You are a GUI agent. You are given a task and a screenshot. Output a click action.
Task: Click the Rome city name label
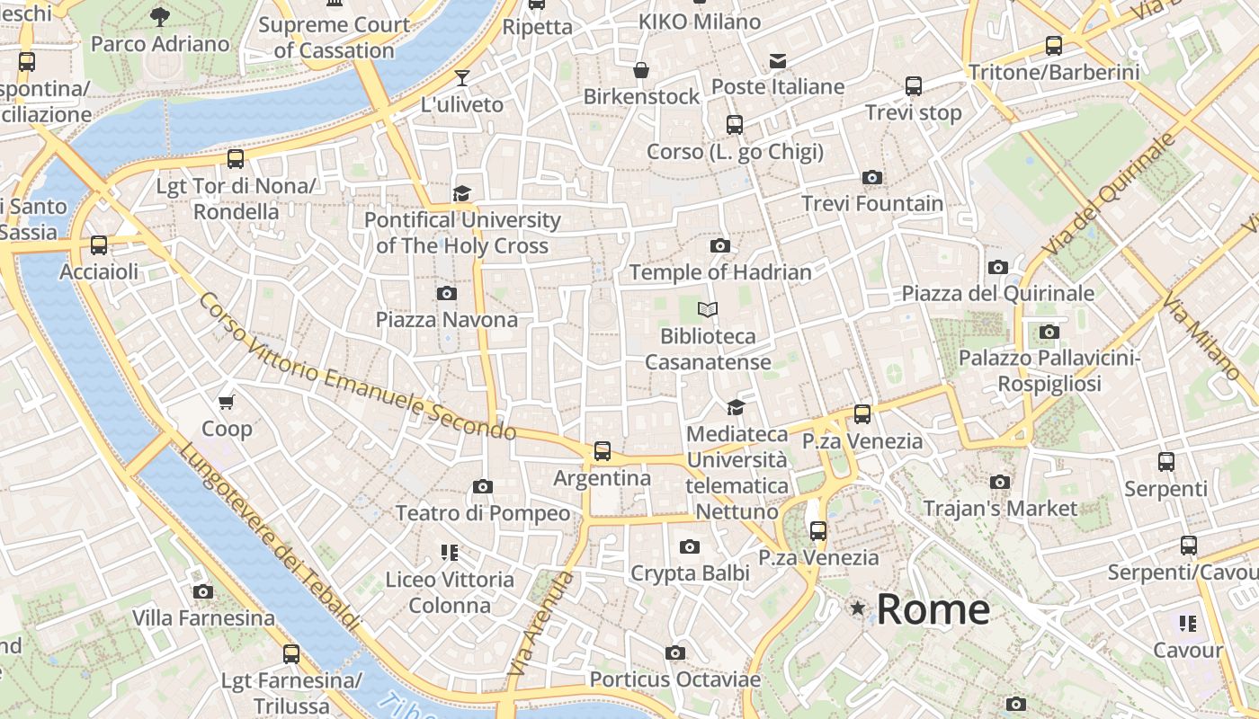click(933, 609)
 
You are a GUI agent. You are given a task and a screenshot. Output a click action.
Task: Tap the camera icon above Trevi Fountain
click(871, 178)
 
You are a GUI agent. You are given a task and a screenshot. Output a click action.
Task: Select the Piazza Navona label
click(447, 319)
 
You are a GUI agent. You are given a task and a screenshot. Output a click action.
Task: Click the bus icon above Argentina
click(602, 451)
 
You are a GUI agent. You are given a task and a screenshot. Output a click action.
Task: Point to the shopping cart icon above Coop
click(227, 402)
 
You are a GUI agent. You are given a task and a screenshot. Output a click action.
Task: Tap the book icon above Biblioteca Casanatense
click(708, 310)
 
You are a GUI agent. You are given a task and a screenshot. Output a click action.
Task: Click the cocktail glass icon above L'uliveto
click(462, 78)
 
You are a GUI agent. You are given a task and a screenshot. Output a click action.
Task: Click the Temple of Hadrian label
click(720, 271)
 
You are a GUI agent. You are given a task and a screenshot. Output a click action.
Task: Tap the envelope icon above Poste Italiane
click(778, 61)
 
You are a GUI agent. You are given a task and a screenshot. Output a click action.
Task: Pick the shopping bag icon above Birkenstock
click(641, 70)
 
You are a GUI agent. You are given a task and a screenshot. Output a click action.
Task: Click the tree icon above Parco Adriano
click(160, 16)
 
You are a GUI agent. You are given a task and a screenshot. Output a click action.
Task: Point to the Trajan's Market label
click(1000, 508)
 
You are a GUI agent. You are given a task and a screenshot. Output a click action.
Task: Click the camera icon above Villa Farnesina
click(203, 591)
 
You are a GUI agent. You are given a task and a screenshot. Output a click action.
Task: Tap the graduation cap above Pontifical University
click(461, 193)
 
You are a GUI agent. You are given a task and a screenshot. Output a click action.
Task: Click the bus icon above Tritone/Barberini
click(1053, 46)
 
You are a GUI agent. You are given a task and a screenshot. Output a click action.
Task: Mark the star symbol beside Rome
click(858, 609)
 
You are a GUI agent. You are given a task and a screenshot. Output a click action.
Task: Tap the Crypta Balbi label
click(690, 573)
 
